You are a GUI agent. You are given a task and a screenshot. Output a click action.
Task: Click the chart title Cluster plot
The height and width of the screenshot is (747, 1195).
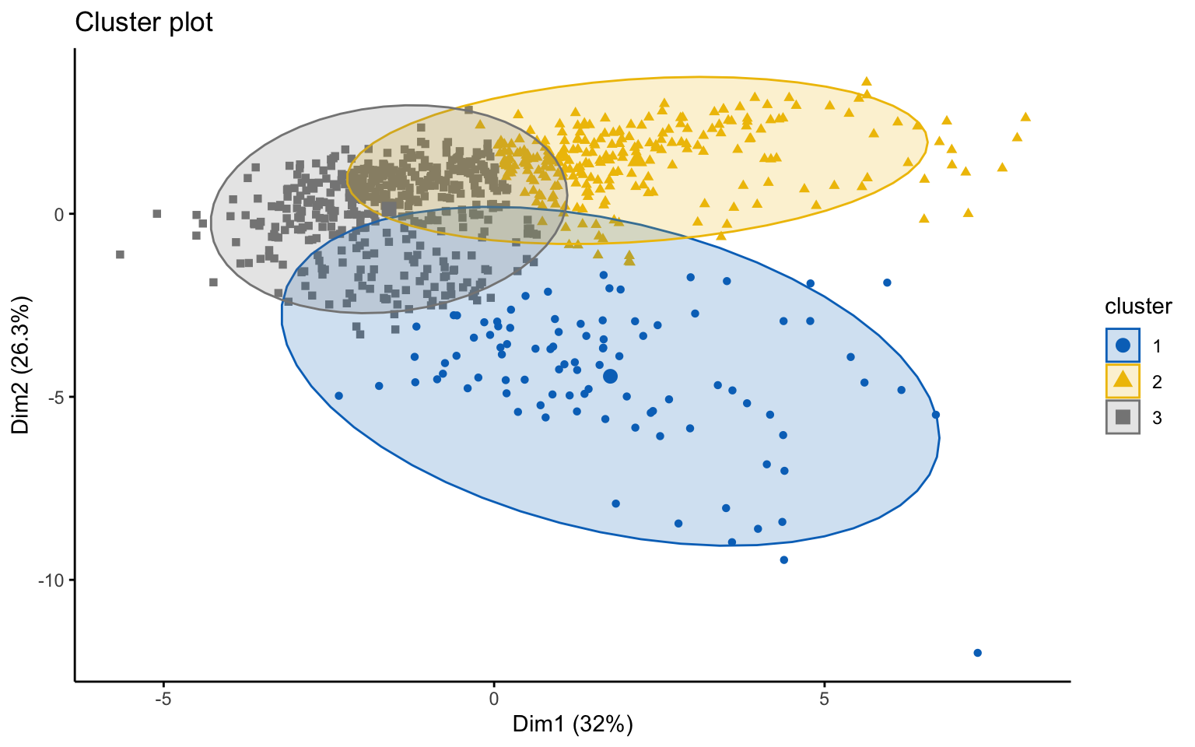click(143, 23)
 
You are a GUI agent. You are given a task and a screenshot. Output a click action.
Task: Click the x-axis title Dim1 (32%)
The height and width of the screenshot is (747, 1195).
click(573, 724)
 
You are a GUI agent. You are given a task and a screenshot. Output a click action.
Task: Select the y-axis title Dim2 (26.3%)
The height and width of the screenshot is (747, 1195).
click(21, 364)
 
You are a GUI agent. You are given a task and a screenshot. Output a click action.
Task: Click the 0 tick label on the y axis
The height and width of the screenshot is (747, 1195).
click(59, 214)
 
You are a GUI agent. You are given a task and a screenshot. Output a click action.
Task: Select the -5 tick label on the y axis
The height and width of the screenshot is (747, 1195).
click(54, 397)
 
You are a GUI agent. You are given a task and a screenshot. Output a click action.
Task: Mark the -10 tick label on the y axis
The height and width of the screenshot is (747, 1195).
click(51, 580)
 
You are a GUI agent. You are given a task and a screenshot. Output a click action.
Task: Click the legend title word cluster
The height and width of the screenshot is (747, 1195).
click(1138, 306)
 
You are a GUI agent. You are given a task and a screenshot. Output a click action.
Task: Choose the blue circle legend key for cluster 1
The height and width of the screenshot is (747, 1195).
click(1123, 345)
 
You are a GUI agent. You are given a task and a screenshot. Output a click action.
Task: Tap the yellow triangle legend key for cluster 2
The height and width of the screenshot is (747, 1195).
click(1123, 381)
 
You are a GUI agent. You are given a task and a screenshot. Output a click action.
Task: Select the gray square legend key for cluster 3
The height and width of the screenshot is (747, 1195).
click(1123, 417)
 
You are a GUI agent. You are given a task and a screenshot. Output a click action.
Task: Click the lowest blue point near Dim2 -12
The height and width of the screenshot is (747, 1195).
click(977, 653)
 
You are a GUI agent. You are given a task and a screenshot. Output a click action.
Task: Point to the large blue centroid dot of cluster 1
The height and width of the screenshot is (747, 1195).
click(610, 377)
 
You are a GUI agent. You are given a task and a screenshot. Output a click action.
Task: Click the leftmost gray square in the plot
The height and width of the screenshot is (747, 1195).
click(120, 254)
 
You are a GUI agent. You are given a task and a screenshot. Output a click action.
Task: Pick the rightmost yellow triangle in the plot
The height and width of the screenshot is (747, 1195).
click(1025, 117)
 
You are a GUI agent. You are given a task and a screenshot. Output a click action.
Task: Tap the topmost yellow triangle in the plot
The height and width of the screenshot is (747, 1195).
click(866, 81)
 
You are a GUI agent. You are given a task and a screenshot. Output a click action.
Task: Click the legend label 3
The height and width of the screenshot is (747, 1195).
click(1157, 418)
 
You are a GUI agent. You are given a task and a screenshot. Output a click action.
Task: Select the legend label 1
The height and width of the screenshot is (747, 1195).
click(1157, 345)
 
